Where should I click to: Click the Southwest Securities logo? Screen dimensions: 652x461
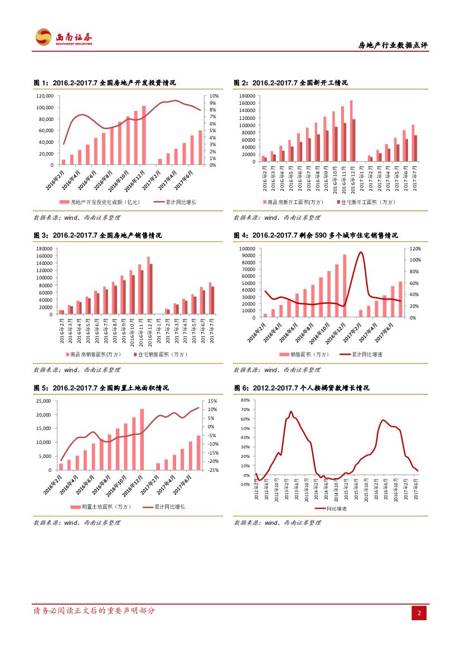click(63, 37)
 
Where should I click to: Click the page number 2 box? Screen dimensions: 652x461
click(419, 613)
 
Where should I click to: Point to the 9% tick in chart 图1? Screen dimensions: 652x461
click(213, 96)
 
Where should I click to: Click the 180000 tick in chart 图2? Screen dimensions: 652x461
click(246, 96)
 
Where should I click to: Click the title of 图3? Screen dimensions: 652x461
click(98, 235)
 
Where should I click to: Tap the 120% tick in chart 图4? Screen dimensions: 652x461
click(415, 249)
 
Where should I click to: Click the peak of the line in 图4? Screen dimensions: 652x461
click(361, 252)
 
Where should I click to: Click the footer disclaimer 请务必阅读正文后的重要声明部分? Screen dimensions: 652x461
click(94, 611)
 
